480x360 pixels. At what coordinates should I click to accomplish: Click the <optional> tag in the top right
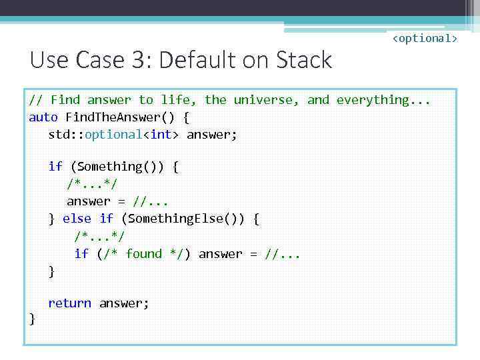[424, 39]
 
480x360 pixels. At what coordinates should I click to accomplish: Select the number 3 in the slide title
[139, 61]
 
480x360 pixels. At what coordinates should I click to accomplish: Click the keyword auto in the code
[43, 117]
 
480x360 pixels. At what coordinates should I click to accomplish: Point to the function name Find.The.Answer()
[121, 117]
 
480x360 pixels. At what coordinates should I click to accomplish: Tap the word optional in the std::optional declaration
[115, 135]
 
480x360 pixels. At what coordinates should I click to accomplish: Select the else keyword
[77, 219]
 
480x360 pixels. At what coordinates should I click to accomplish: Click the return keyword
[69, 303]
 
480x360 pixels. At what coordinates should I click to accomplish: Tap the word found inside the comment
[143, 254]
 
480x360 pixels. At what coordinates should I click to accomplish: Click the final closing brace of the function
[32, 320]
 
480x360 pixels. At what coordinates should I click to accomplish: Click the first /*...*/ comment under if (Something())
[92, 184]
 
